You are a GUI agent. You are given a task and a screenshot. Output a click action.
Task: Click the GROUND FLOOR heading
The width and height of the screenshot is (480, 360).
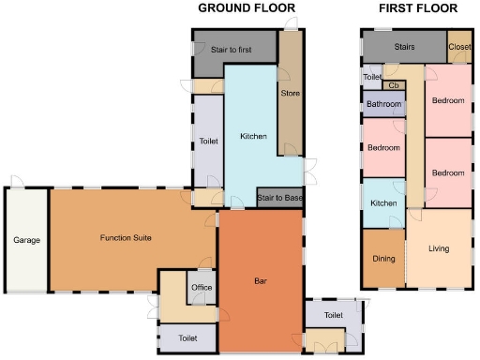247,8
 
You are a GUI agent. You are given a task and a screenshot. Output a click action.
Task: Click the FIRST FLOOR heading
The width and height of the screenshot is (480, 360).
418,8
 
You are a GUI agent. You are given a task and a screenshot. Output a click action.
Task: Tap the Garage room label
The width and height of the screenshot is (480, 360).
26,241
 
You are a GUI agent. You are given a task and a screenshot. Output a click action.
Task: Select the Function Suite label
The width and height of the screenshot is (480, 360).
127,238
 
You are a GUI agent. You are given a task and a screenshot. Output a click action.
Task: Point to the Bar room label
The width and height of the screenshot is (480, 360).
262,281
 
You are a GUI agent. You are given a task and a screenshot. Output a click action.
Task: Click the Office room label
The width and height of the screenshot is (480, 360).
202,287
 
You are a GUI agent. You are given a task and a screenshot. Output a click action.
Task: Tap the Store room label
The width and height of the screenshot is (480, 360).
290,92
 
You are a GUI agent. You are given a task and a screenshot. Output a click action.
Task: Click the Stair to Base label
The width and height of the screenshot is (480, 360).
280,198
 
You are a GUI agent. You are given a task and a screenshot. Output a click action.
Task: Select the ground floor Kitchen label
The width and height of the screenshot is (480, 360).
253,137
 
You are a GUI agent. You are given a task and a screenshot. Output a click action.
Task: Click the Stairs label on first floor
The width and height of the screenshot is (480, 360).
404,45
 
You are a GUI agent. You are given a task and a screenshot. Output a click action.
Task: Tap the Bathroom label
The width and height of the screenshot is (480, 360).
383,104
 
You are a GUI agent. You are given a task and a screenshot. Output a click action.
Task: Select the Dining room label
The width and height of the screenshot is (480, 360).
383,259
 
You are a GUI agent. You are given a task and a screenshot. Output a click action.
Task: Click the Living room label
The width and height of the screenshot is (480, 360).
438,249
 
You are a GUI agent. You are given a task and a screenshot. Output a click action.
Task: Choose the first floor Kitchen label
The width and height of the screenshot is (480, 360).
383,203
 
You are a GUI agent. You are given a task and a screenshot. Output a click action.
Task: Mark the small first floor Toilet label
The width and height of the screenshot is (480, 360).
372,77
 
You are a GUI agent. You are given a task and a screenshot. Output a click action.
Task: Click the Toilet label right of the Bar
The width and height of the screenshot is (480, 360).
333,315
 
